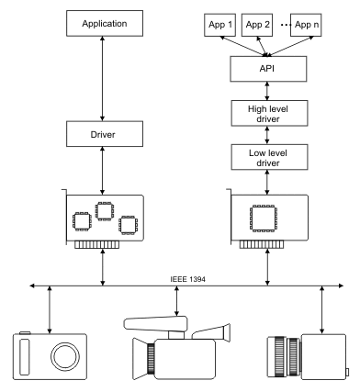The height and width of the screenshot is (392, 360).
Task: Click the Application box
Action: click(105, 24)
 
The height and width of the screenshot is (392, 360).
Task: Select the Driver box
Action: click(105, 134)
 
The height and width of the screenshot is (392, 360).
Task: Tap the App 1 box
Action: click(220, 25)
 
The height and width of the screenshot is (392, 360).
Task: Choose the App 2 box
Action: click(257, 25)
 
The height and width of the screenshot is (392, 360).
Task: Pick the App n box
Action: click(306, 25)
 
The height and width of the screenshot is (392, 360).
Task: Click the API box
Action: click(268, 69)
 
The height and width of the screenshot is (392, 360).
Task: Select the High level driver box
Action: click(269, 113)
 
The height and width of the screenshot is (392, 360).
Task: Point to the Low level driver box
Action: click(269, 157)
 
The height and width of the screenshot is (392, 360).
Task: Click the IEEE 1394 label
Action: click(187, 279)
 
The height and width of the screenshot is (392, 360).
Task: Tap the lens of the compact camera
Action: click(65, 356)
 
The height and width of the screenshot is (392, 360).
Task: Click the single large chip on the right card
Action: click(264, 218)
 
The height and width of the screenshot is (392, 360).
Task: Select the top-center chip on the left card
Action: click(105, 211)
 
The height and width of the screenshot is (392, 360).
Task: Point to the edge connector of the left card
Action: click(96, 244)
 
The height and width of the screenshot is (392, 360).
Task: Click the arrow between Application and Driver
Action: click(103, 79)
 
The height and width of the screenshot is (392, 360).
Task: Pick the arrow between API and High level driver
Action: click(267, 91)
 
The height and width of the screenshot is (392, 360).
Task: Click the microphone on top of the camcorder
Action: click(155, 324)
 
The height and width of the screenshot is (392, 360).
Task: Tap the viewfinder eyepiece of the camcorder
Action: click(227, 332)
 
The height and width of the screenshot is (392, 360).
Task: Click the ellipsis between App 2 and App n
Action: click(286, 25)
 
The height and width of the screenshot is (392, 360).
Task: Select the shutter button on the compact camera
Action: click(25, 333)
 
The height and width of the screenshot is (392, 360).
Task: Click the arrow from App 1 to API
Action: click(243, 46)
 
